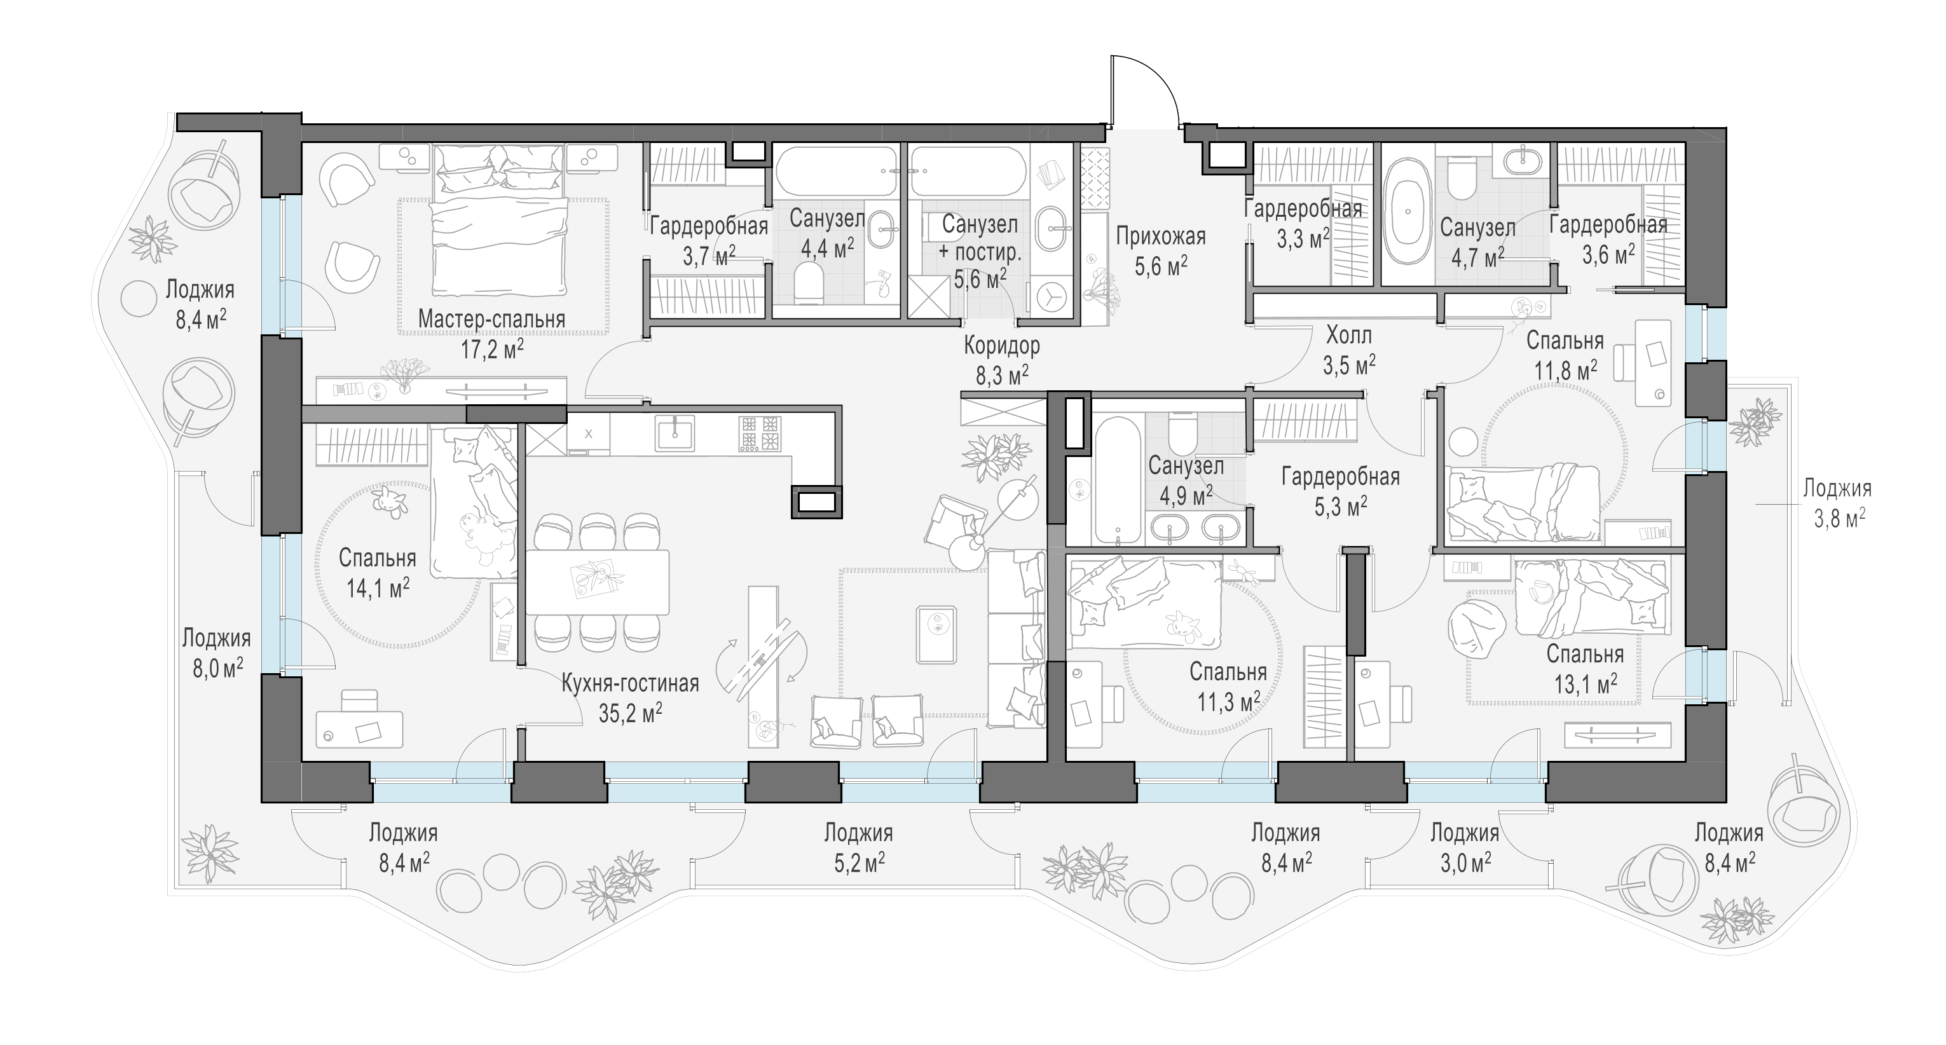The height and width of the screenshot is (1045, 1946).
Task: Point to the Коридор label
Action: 1002,359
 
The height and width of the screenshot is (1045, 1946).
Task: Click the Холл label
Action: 1348,350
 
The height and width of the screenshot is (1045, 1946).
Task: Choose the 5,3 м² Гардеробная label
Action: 1341,491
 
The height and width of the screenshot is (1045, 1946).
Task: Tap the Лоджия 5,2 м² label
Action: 858,847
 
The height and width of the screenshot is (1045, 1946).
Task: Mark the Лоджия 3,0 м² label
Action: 1465,847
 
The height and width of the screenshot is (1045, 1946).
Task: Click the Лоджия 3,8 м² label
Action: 1837,502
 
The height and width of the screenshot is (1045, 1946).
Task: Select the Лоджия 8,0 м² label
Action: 216,652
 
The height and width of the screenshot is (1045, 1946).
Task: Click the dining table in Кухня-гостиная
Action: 597,582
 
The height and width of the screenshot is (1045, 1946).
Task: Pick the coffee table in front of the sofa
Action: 936,634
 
